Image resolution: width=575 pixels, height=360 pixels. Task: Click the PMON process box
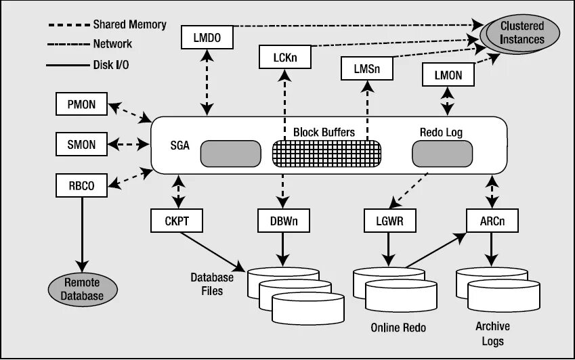coord(81,104)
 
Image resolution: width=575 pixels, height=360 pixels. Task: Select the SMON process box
coord(81,144)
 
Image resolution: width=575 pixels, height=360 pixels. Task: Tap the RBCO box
coord(81,185)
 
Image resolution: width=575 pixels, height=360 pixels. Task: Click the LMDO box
coord(207,37)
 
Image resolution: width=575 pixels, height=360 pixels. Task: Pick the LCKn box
coord(285,57)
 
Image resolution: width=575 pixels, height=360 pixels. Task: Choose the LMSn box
coord(366,68)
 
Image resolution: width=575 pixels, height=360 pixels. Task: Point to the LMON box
coord(448,74)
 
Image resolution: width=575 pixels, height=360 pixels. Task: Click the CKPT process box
coord(176,221)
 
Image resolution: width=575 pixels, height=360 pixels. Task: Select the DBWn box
coord(284,221)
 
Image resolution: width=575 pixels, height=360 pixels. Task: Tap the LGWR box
coord(390,221)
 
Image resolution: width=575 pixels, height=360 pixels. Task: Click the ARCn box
coord(492,221)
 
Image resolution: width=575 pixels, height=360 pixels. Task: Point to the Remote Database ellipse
coord(83,290)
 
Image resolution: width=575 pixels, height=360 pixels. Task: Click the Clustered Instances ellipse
coord(520,34)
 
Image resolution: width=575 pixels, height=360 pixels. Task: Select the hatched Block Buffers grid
coord(326,154)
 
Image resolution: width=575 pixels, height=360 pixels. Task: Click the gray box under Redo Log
coord(442,154)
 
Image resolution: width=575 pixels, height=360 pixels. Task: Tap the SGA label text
coord(179,145)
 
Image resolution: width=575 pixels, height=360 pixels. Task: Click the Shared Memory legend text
coord(130,24)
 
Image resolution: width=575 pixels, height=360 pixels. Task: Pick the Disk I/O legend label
coord(111,65)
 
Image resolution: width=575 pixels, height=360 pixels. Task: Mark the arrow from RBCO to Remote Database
coord(82,234)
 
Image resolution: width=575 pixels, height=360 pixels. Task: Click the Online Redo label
coord(398,328)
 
